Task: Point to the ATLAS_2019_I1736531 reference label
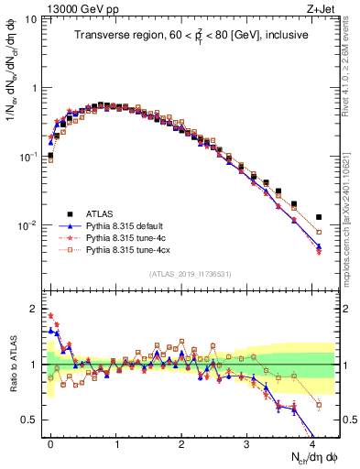(x=189, y=274)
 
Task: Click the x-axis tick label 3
(x=246, y=443)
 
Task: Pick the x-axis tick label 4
(x=311, y=443)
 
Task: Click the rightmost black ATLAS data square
(x=318, y=217)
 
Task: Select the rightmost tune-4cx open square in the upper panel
(x=318, y=234)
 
